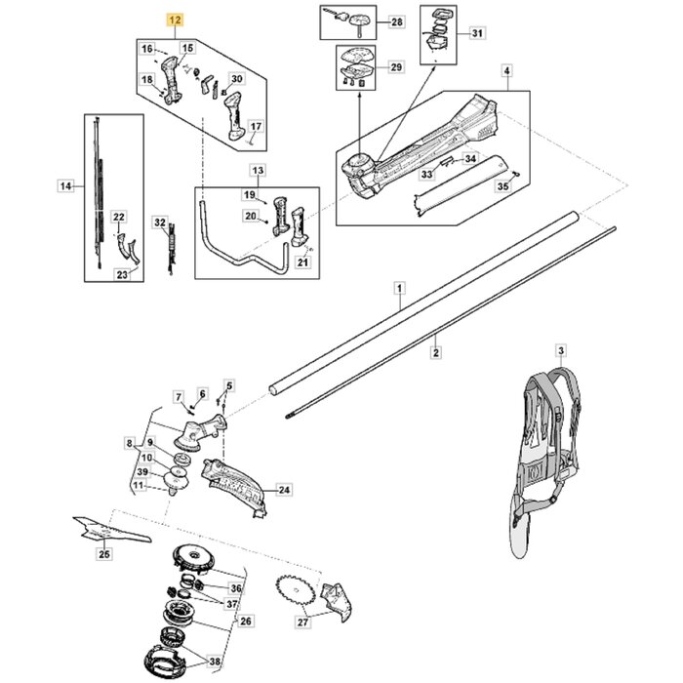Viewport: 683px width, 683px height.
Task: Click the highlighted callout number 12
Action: pos(175,19)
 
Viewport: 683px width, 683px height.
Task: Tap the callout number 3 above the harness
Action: pos(561,349)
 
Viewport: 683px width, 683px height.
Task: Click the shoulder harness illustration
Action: pos(547,449)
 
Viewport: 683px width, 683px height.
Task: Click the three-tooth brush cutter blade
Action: pos(108,530)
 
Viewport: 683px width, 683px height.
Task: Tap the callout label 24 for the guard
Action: pos(284,490)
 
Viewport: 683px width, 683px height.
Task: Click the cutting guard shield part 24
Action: pos(231,484)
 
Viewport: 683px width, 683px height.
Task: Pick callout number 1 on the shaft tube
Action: pos(398,288)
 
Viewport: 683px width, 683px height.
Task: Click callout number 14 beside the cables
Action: pos(65,184)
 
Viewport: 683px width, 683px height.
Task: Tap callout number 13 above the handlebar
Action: pos(258,171)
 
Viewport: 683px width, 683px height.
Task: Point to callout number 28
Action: pos(395,21)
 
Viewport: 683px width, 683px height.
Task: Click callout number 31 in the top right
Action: pos(476,35)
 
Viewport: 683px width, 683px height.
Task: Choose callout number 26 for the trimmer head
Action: pos(246,621)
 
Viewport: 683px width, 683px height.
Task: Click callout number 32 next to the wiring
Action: pos(161,223)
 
